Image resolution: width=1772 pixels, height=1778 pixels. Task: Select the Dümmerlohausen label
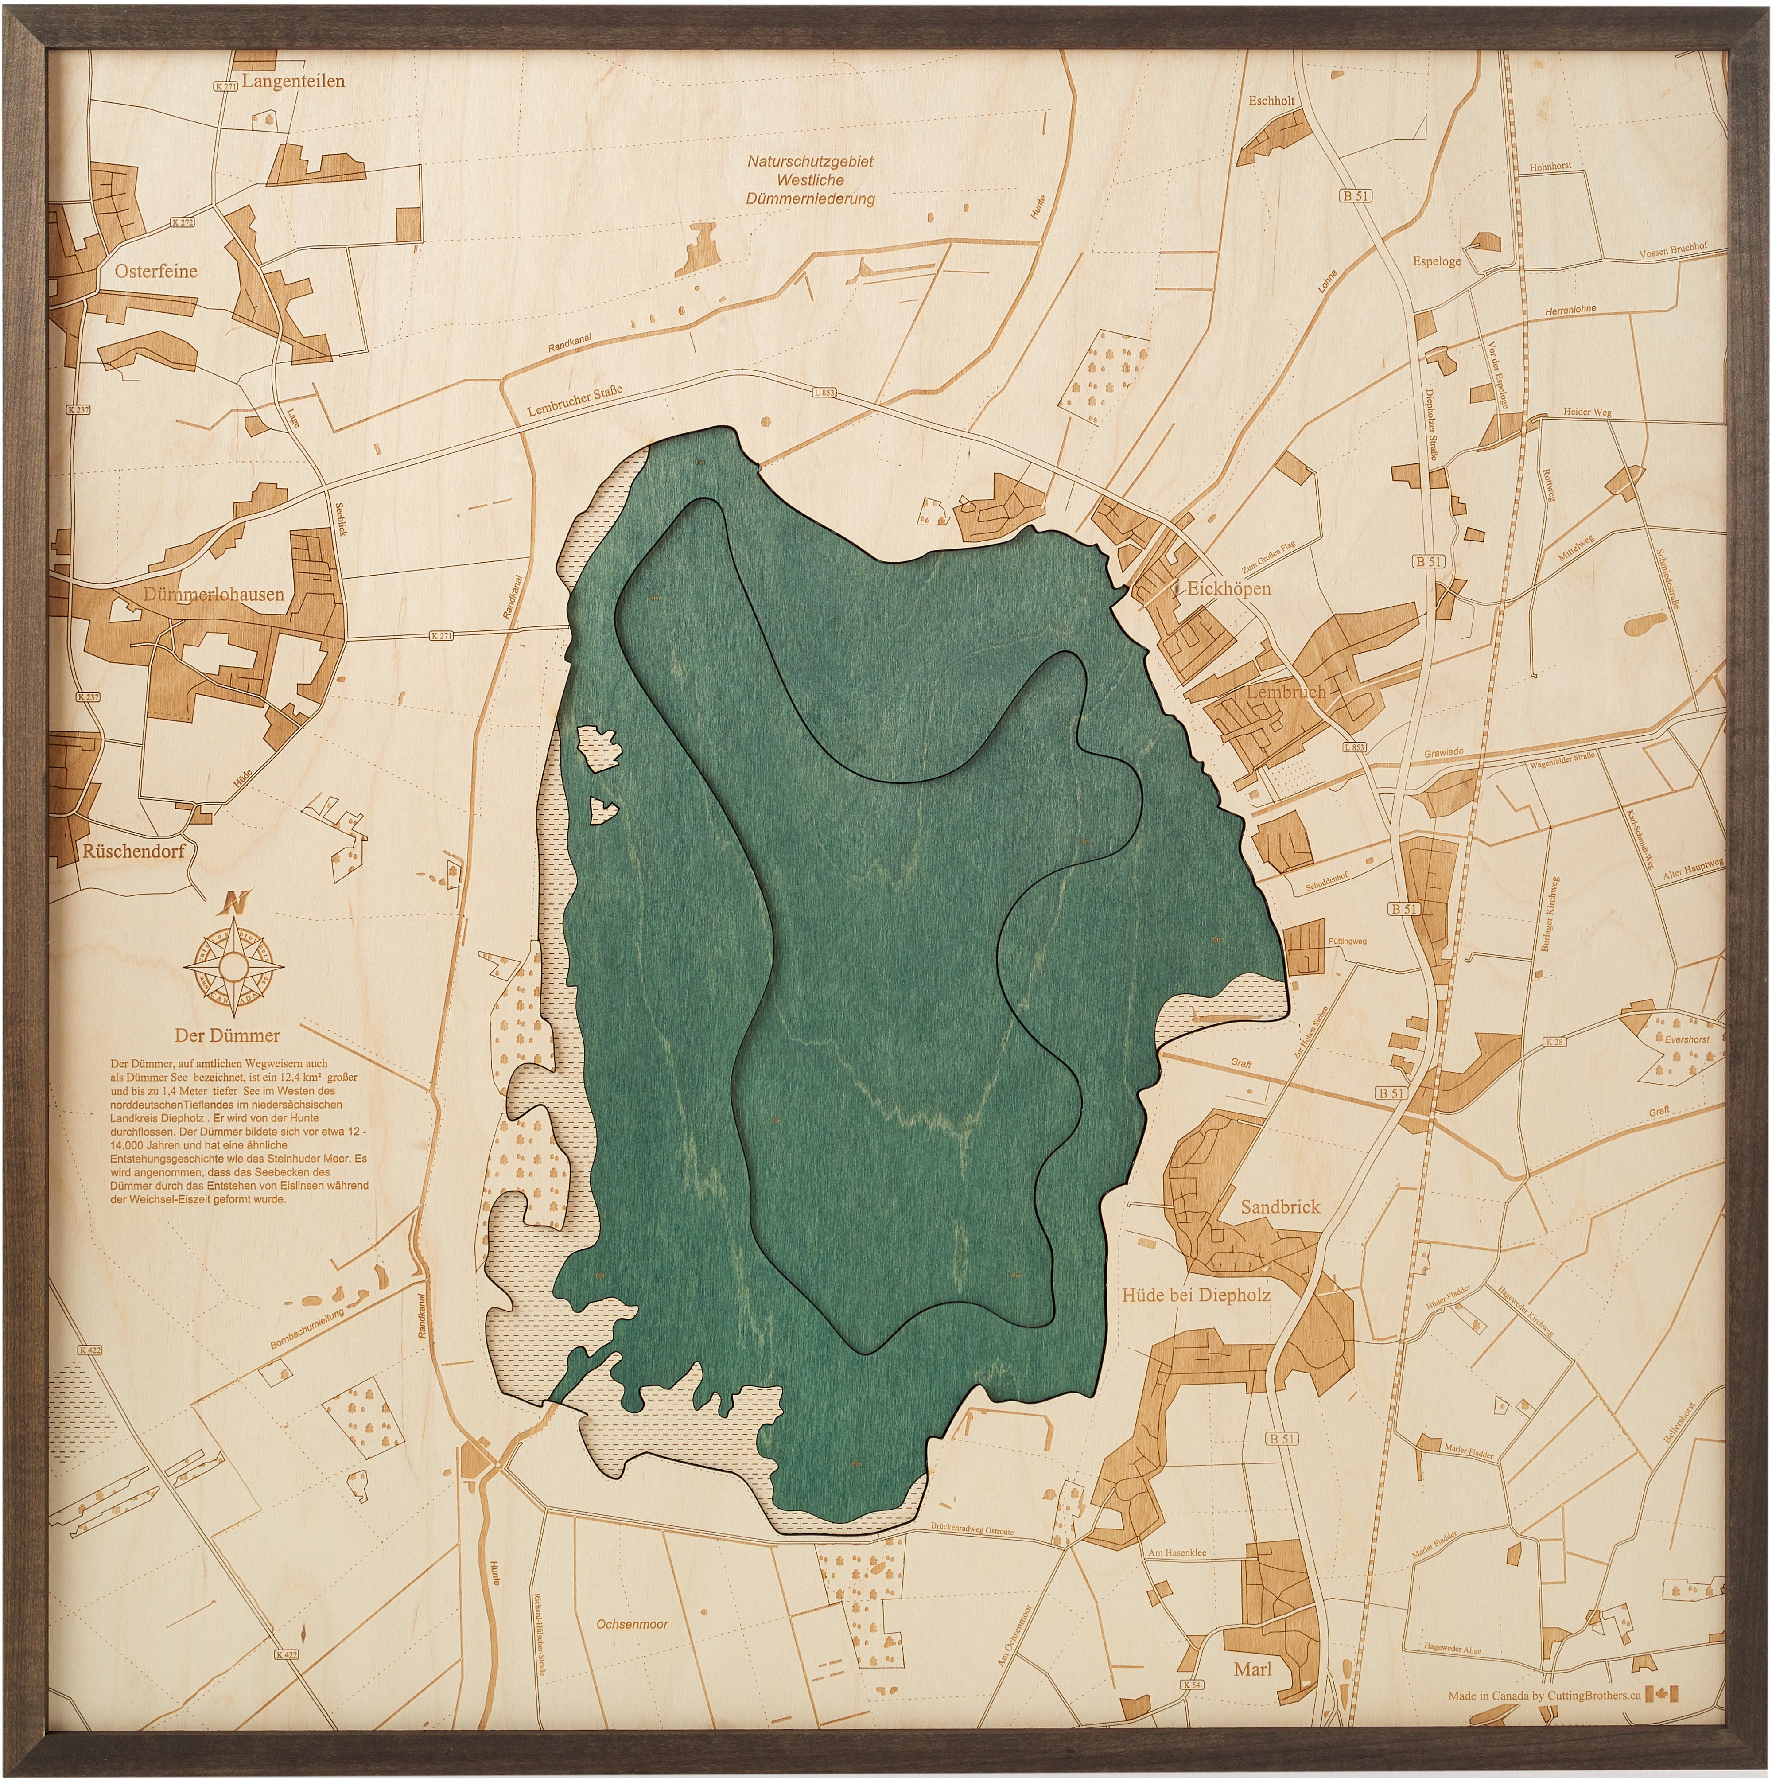(214, 595)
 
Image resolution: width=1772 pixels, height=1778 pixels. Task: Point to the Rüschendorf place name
(133, 850)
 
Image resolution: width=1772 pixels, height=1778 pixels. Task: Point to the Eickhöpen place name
(1228, 588)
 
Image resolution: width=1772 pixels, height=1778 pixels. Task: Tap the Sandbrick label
(1280, 1206)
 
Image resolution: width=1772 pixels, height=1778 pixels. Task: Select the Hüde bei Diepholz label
(1195, 1295)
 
